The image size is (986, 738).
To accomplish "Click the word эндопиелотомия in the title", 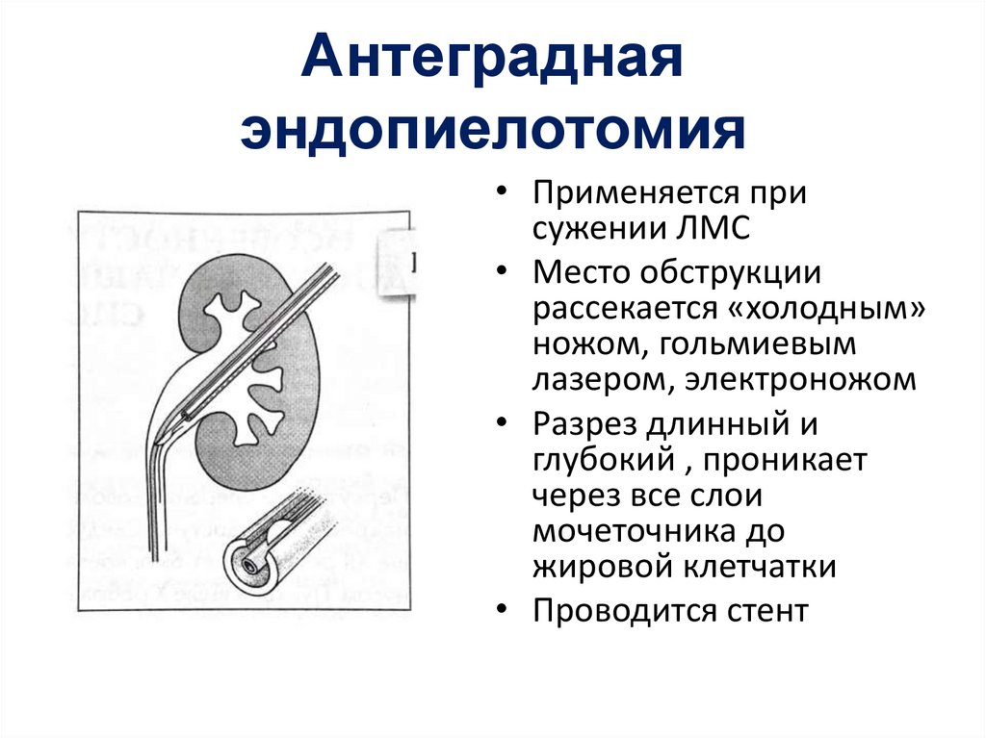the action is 492,132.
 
